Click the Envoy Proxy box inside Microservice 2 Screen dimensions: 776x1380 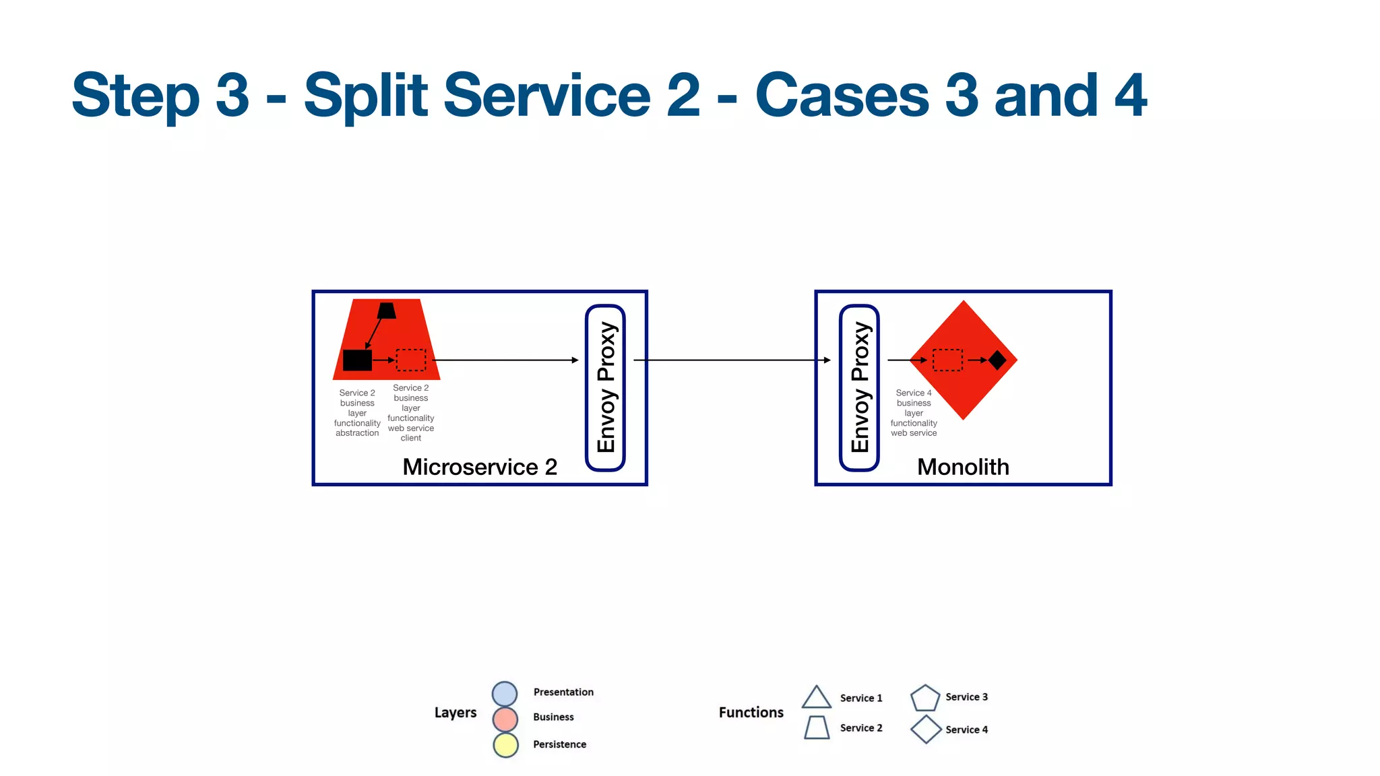point(605,388)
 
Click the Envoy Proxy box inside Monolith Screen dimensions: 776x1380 point(859,388)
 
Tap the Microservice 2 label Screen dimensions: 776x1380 point(479,467)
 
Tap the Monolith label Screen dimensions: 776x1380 point(963,467)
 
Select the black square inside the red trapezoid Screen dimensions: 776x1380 point(357,360)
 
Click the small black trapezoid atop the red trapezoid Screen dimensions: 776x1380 point(387,311)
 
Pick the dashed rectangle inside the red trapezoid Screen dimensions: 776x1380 point(410,360)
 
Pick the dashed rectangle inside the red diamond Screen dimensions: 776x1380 point(947,360)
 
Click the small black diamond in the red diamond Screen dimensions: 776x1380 point(997,360)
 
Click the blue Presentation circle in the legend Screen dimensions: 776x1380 point(505,693)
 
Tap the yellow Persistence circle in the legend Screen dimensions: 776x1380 point(505,745)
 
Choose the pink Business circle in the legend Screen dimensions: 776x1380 point(505,719)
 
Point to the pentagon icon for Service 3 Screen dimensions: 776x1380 point(924,699)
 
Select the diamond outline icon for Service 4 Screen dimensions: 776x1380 point(926,730)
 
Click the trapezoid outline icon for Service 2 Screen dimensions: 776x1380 point(817,727)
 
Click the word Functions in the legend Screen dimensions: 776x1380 point(751,713)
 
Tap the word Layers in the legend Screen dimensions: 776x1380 point(456,713)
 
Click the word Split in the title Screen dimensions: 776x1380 point(366,95)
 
